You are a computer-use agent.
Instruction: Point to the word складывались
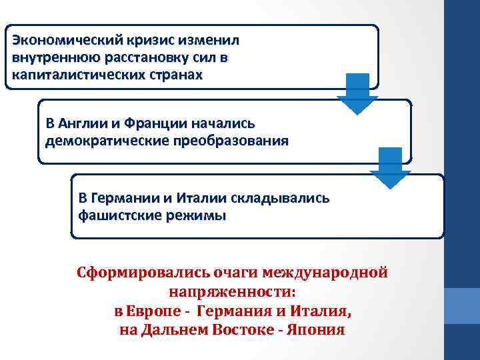pos(279,198)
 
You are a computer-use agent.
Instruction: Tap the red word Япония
pos(316,330)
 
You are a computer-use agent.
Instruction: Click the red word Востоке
pos(251,330)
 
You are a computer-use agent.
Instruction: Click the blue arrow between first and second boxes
pos(357,94)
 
